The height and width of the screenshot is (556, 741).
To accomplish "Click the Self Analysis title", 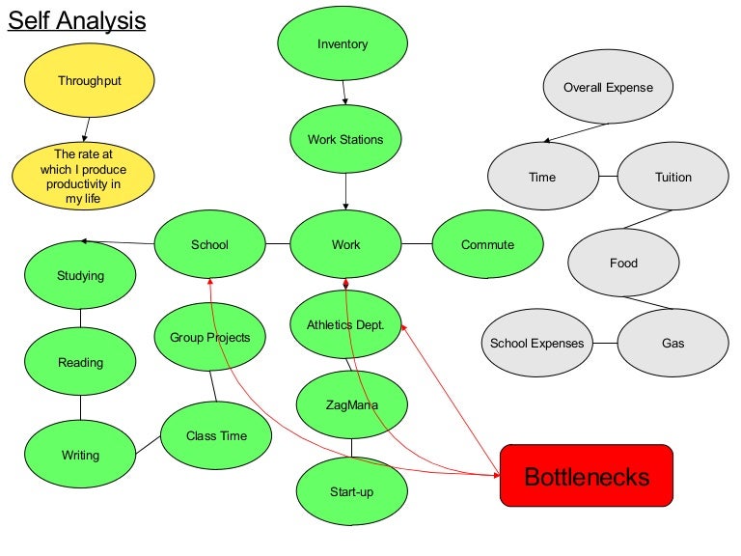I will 77,20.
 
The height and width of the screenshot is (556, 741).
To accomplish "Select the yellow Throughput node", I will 89,81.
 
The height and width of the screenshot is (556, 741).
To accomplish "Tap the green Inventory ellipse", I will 343,44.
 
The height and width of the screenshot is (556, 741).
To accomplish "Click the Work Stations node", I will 345,140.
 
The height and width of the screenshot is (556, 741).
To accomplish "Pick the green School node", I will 209,245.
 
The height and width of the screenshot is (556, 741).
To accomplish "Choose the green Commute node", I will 487,245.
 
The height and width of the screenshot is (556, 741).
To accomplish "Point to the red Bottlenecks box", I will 586,476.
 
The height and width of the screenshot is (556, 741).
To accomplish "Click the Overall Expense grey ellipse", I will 608,88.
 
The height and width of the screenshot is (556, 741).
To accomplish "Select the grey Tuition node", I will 672,178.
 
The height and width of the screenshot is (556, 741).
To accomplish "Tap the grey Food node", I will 623,264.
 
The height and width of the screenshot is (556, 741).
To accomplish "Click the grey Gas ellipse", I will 672,344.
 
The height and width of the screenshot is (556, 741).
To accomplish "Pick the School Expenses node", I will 536,344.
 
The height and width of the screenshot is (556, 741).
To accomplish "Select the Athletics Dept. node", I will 345,325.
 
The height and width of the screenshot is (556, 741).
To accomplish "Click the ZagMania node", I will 351,405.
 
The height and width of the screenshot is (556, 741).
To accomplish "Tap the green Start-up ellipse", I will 351,492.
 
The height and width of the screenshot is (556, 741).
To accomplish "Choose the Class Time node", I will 216,436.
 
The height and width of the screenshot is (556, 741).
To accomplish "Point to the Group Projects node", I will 209,338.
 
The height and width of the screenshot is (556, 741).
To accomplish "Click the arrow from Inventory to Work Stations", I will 343,92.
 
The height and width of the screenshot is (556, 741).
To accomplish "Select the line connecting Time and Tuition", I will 607,178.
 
